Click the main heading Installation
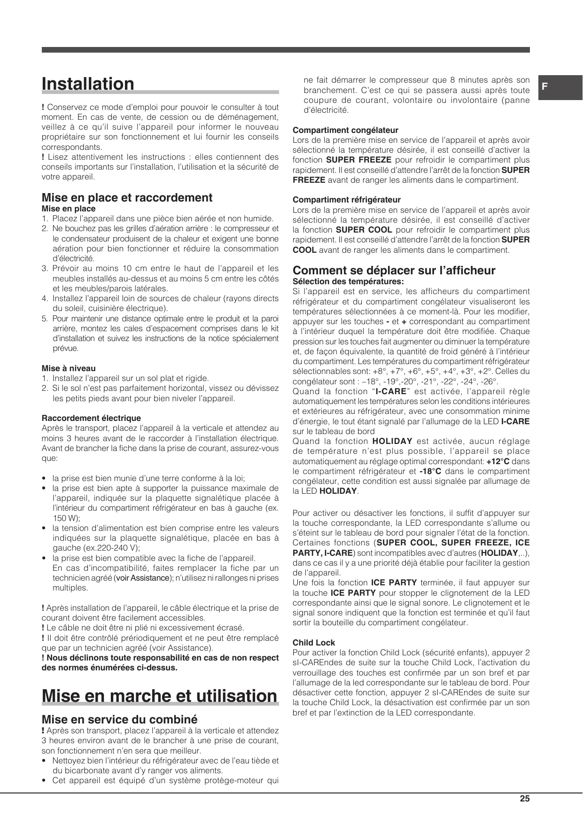click(88, 84)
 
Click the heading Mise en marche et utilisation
click(160, 696)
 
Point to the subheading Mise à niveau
click(69, 368)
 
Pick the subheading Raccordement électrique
click(91, 418)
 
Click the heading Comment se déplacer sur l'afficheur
click(394, 271)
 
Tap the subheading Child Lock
click(314, 643)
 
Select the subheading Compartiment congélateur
click(345, 130)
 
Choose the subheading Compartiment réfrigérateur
click(347, 200)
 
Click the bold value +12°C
click(497, 461)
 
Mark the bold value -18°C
click(430, 471)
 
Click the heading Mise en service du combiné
click(120, 719)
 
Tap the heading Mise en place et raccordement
click(127, 198)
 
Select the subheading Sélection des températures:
click(348, 282)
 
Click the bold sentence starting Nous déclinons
click(160, 662)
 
